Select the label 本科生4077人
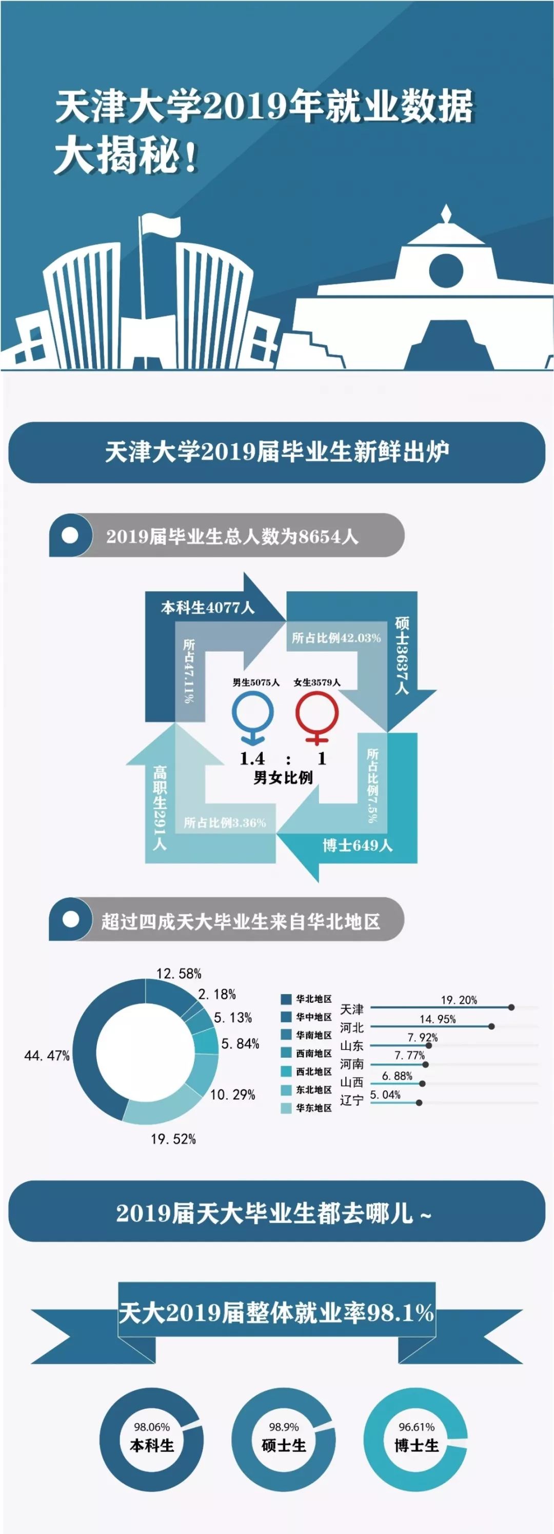[207, 608]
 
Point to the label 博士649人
[358, 845]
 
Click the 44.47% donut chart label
[47, 1056]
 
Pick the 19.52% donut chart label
[173, 1139]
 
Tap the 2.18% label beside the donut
[217, 994]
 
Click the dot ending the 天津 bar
[511, 1007]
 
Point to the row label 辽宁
[351, 1100]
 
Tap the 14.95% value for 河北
[437, 1019]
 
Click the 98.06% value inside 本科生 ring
[151, 1427]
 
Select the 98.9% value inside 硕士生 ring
[284, 1427]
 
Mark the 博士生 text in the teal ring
[417, 1445]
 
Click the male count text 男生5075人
[256, 682]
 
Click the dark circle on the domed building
[446, 270]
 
